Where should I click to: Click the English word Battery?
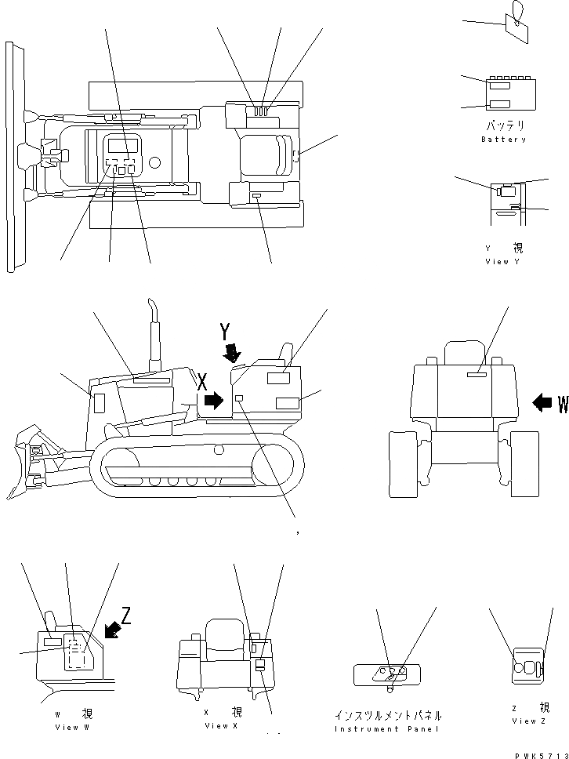point(504,140)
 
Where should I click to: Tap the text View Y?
point(502,262)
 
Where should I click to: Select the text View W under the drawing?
point(72,728)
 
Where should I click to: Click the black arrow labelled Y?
point(232,352)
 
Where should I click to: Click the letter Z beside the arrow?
point(126,615)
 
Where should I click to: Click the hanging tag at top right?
point(516,24)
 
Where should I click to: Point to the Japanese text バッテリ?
point(504,125)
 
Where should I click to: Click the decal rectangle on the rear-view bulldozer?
point(477,376)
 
